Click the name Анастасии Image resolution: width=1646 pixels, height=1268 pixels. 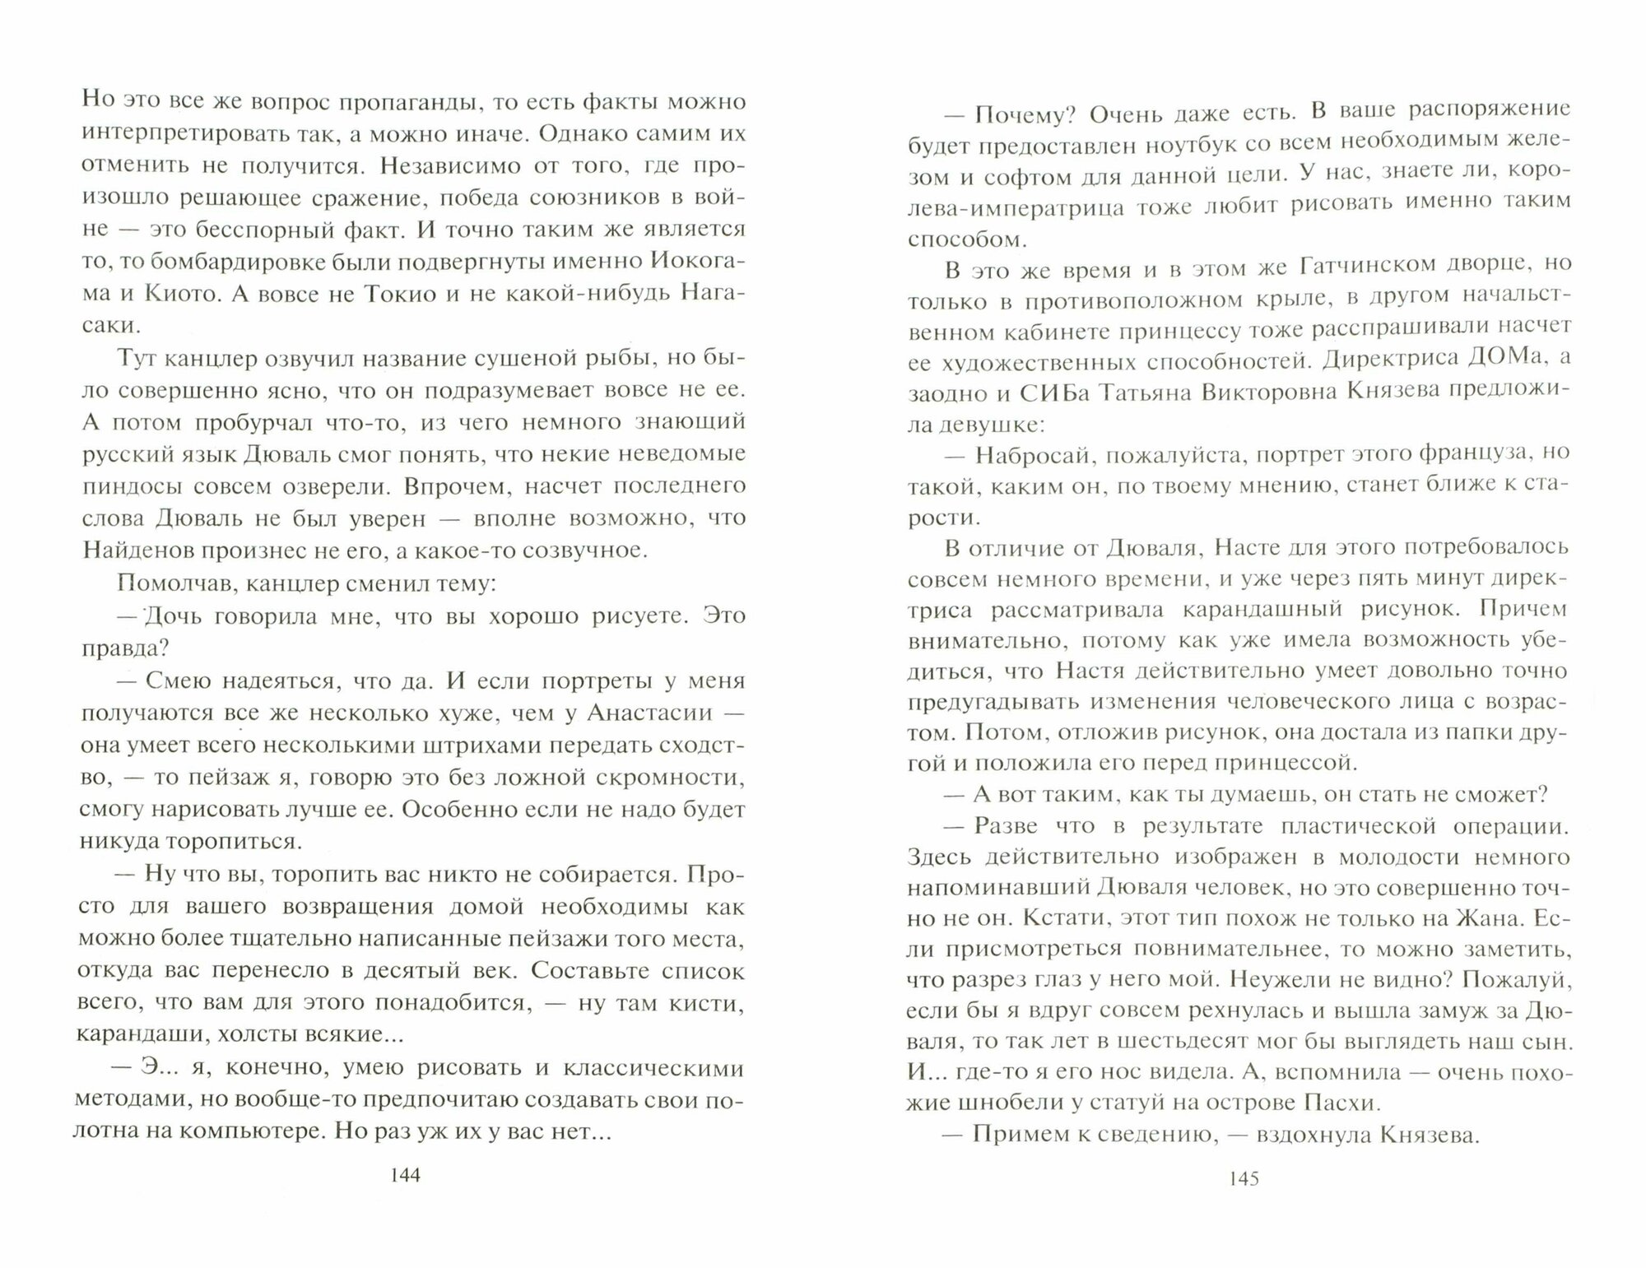[653, 713]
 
